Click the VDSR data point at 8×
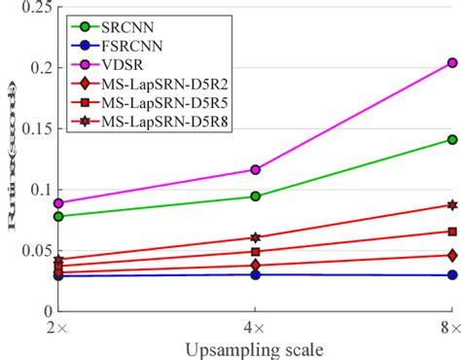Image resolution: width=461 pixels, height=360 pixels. coord(451,62)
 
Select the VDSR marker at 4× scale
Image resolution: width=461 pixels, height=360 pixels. coord(255,169)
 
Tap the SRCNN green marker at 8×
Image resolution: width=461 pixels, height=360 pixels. coord(451,139)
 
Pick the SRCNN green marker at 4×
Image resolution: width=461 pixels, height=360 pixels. coord(255,197)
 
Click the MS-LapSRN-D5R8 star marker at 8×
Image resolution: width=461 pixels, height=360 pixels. coord(451,205)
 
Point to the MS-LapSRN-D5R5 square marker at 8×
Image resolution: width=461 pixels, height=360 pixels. coord(451,232)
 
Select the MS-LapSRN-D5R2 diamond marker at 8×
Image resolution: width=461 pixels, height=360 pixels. coord(451,255)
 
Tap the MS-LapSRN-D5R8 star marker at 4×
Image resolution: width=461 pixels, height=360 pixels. coord(255,237)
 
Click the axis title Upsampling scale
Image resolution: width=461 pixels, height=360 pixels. coord(255,348)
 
